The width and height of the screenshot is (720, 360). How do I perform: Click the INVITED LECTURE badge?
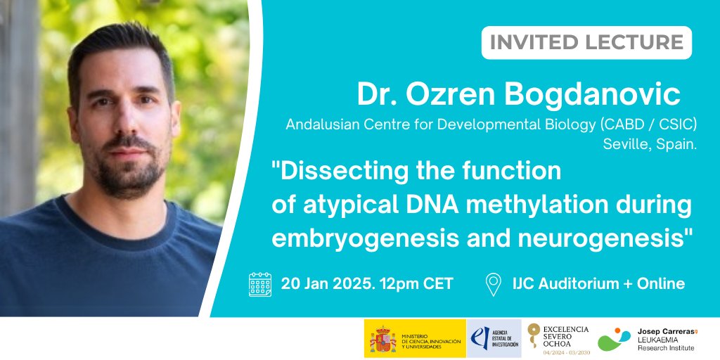pos(586,42)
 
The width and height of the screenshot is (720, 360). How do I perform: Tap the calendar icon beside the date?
pos(259,284)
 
